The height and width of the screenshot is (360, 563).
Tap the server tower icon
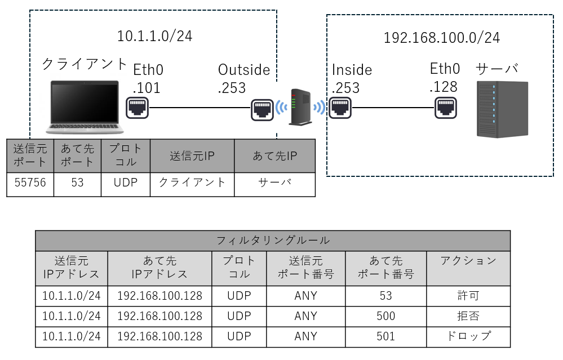click(502, 109)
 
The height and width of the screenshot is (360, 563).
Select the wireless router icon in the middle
click(299, 107)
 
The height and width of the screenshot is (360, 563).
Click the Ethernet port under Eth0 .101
click(137, 107)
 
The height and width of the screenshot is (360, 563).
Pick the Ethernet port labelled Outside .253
click(262, 108)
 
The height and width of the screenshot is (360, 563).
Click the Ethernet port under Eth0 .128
click(445, 107)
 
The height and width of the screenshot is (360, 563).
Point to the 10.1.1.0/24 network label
click(154, 37)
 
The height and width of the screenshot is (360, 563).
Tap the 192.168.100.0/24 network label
click(441, 38)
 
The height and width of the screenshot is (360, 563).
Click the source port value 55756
click(30, 183)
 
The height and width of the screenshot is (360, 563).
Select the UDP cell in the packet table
click(126, 183)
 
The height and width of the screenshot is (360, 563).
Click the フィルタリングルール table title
click(273, 241)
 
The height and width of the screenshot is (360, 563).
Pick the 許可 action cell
click(468, 296)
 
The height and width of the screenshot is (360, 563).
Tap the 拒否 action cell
click(468, 316)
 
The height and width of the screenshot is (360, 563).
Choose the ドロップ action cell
click(468, 336)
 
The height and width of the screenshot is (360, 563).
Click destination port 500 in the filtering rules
click(385, 316)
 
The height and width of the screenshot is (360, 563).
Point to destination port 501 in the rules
click(385, 336)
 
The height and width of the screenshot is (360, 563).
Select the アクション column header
click(468, 261)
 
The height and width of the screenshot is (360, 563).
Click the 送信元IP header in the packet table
click(192, 155)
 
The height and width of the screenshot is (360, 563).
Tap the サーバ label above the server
click(496, 69)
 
